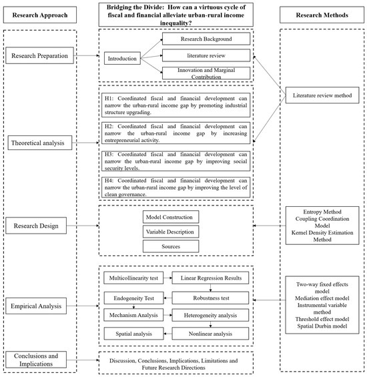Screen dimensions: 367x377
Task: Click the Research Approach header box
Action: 40,15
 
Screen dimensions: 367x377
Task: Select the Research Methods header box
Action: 322,15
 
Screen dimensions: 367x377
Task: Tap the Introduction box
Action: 122,58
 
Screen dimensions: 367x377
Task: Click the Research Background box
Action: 206,39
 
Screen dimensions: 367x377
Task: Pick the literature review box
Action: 206,55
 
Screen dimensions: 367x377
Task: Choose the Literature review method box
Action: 322,95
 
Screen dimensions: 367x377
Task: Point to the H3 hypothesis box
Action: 175,161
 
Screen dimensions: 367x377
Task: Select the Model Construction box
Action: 171,217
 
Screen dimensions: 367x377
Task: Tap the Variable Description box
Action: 171,232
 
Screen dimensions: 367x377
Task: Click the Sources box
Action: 171,246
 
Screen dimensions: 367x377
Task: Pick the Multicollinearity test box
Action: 133,278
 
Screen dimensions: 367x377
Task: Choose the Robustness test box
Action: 210,298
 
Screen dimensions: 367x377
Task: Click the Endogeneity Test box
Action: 133,298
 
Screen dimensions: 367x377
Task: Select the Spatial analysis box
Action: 133,334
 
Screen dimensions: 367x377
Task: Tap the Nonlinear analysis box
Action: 210,334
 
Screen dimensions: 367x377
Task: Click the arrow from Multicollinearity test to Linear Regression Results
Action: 167,278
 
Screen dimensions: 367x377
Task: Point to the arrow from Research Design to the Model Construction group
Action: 83,226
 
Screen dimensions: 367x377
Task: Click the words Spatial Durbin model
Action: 322,326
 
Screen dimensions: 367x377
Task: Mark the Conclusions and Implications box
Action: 36,360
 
